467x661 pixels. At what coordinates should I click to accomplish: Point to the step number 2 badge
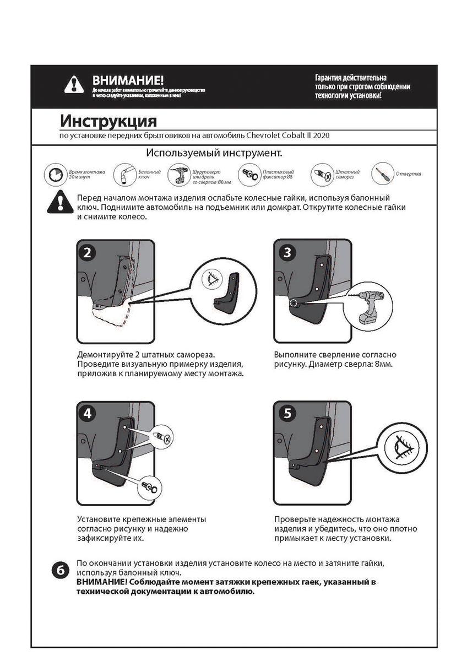pyautogui.click(x=88, y=252)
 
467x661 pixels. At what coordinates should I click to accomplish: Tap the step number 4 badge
pyautogui.click(x=88, y=414)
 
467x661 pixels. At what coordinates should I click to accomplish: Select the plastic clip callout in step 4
pyautogui.click(x=150, y=486)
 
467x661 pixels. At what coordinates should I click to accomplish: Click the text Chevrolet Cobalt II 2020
pyautogui.click(x=289, y=135)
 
